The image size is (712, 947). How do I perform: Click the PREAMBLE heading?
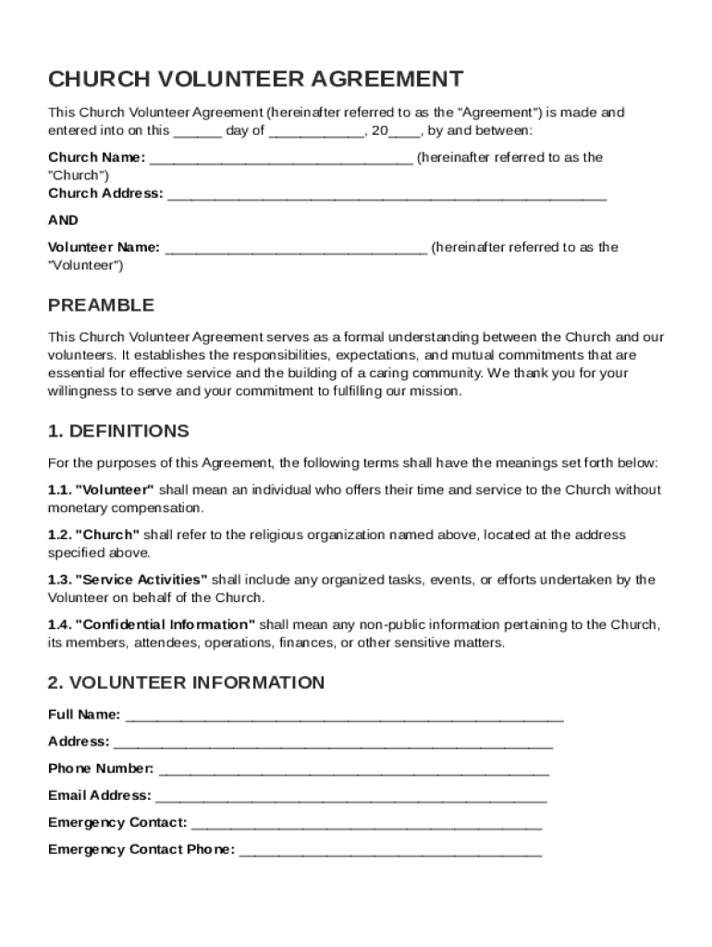101,305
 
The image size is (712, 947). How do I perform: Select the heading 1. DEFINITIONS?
118,431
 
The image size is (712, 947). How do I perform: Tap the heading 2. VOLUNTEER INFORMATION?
186,683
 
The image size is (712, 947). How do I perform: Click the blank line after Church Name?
281,159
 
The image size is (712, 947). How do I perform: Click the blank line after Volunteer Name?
295,249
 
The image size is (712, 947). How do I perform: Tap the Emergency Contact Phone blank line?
390,851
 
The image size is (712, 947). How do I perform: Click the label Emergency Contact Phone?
141,850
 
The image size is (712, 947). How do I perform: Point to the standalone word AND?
63,220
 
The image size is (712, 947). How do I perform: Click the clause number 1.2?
58,535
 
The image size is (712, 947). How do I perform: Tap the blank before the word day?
197,132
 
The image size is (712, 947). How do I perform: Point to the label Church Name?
96,157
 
